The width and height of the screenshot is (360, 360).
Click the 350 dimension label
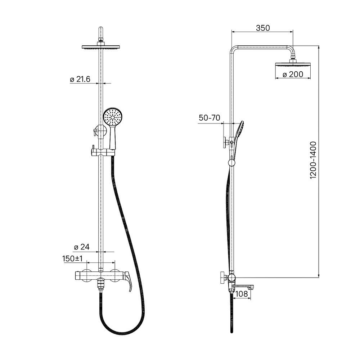[x=263, y=28]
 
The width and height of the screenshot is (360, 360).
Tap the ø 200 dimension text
[x=293, y=74]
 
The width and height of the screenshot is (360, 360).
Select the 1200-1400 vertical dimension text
[x=313, y=160]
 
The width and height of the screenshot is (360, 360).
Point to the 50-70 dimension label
[x=210, y=118]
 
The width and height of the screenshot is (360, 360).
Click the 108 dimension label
[x=242, y=294]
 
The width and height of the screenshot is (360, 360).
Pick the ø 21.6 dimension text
[x=80, y=79]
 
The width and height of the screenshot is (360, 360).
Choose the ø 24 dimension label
[x=81, y=247]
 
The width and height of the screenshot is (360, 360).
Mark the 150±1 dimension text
[x=72, y=258]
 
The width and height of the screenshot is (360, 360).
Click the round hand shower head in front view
[x=113, y=117]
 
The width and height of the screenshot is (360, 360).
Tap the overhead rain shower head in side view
[x=293, y=64]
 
